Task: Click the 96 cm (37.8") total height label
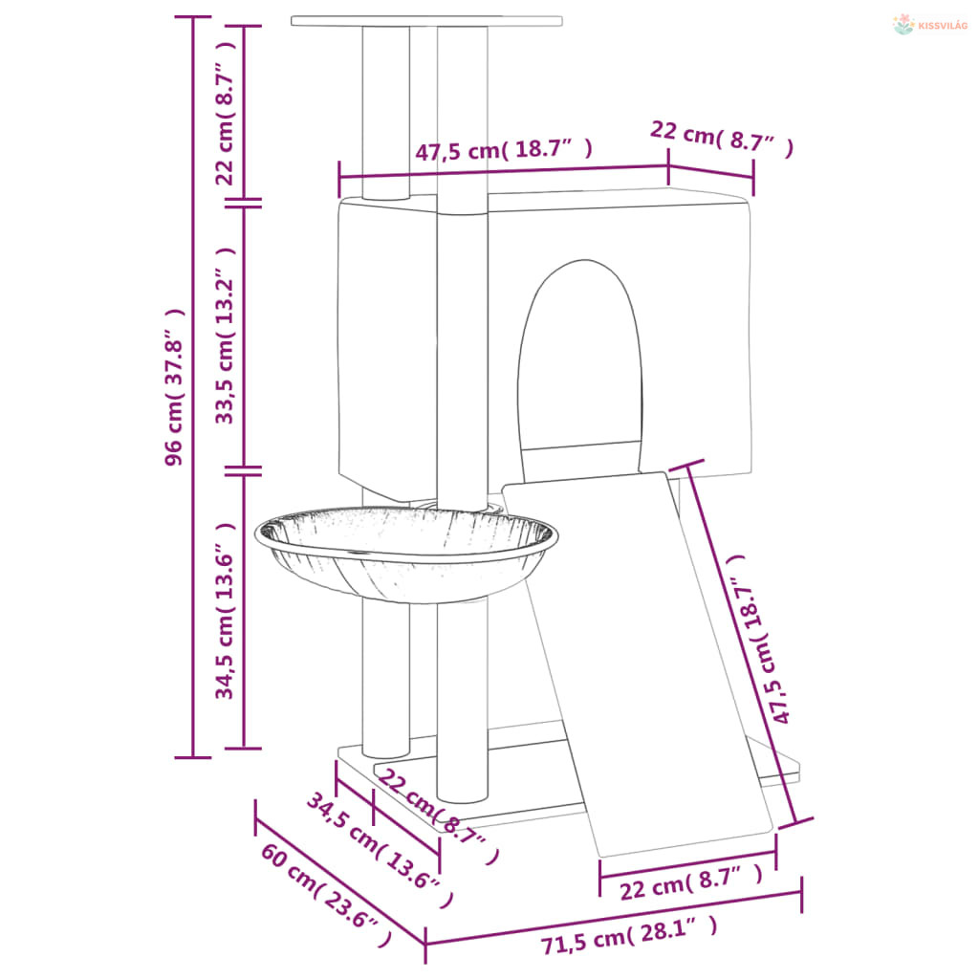pyautogui.click(x=175, y=387)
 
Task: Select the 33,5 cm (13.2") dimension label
pyautogui.click(x=225, y=336)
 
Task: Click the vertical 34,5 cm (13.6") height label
pyautogui.click(x=225, y=610)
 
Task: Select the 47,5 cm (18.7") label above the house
pyautogui.click(x=503, y=150)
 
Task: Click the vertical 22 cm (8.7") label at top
pyautogui.click(x=225, y=113)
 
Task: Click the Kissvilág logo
pyautogui.click(x=929, y=25)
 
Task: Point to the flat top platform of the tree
pyautogui.click(x=426, y=21)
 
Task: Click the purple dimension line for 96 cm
pyautogui.click(x=193, y=387)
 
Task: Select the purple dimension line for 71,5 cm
pyautogui.click(x=614, y=919)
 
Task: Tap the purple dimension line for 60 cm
pyautogui.click(x=340, y=881)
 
